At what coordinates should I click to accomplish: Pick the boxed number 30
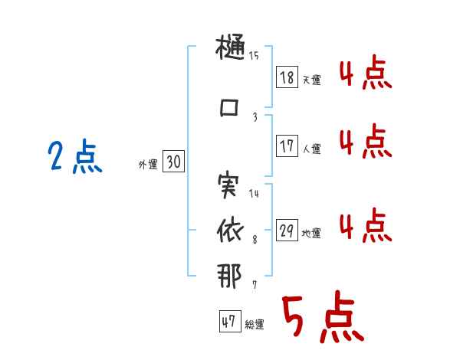click(174, 162)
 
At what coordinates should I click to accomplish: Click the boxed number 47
click(228, 322)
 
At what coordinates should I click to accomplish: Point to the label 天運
click(312, 80)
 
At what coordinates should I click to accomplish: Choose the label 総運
click(255, 325)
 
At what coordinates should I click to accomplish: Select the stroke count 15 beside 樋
click(254, 55)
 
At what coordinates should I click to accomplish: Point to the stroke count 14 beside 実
click(254, 193)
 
